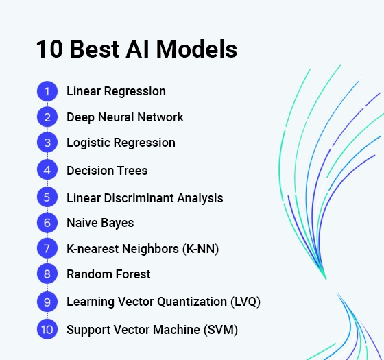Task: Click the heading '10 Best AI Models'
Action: (x=136, y=50)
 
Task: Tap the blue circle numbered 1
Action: (x=47, y=91)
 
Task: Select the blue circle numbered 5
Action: (x=47, y=197)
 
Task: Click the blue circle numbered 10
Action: (x=47, y=329)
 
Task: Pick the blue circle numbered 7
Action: (x=47, y=248)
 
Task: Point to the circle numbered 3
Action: (x=47, y=143)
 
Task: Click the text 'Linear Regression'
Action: (x=116, y=91)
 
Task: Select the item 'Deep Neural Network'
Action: (x=125, y=117)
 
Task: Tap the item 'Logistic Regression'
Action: (x=121, y=143)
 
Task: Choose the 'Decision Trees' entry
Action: (x=107, y=170)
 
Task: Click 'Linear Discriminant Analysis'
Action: (x=145, y=197)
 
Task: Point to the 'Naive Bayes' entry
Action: (x=100, y=223)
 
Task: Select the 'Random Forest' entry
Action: (x=108, y=274)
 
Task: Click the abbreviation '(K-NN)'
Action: (x=200, y=248)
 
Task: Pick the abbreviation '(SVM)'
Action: (x=223, y=329)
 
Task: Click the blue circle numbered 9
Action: (x=47, y=301)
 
